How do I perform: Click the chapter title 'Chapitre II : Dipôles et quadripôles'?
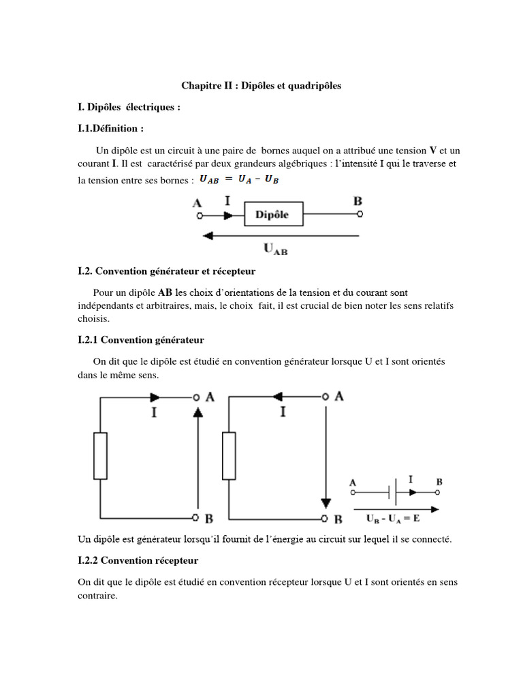coord(261,86)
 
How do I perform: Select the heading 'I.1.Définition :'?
coord(111,128)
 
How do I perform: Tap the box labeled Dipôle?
coord(272,214)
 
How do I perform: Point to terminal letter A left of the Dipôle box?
coord(197,202)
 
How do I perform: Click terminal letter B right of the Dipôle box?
coord(358,201)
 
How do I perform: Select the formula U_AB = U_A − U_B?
coord(239,180)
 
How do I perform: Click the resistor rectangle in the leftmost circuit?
coord(100,455)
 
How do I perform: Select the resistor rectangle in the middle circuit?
coord(229,455)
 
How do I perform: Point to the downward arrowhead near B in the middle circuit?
coord(326,503)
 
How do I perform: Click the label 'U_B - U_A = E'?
coord(394,519)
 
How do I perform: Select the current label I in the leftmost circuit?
coord(154,412)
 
